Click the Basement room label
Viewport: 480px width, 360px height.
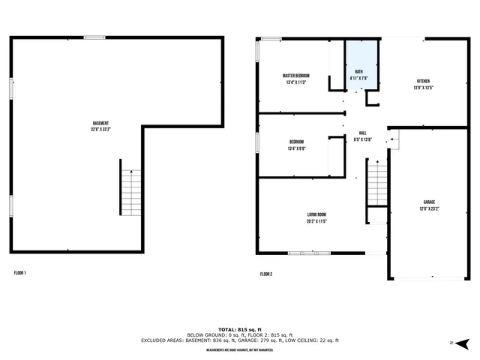click(100, 123)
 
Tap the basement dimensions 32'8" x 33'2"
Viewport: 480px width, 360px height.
click(100, 130)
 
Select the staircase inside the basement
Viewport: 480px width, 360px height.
click(130, 193)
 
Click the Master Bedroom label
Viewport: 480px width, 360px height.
click(296, 76)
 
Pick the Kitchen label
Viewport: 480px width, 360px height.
click(423, 81)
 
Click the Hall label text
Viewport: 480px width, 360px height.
click(362, 133)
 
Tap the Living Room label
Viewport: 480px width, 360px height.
click(316, 214)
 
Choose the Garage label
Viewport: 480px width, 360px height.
click(429, 202)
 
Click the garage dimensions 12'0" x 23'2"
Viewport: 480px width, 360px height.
click(429, 209)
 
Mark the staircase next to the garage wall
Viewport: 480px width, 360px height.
click(376, 186)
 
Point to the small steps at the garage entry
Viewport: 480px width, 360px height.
click(394, 139)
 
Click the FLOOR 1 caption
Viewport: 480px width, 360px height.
click(20, 273)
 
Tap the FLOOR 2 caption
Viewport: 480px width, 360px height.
click(266, 274)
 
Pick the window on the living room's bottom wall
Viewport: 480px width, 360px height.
click(309, 253)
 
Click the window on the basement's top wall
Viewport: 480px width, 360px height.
click(94, 37)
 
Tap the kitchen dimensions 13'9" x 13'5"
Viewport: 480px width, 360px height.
click(423, 88)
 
